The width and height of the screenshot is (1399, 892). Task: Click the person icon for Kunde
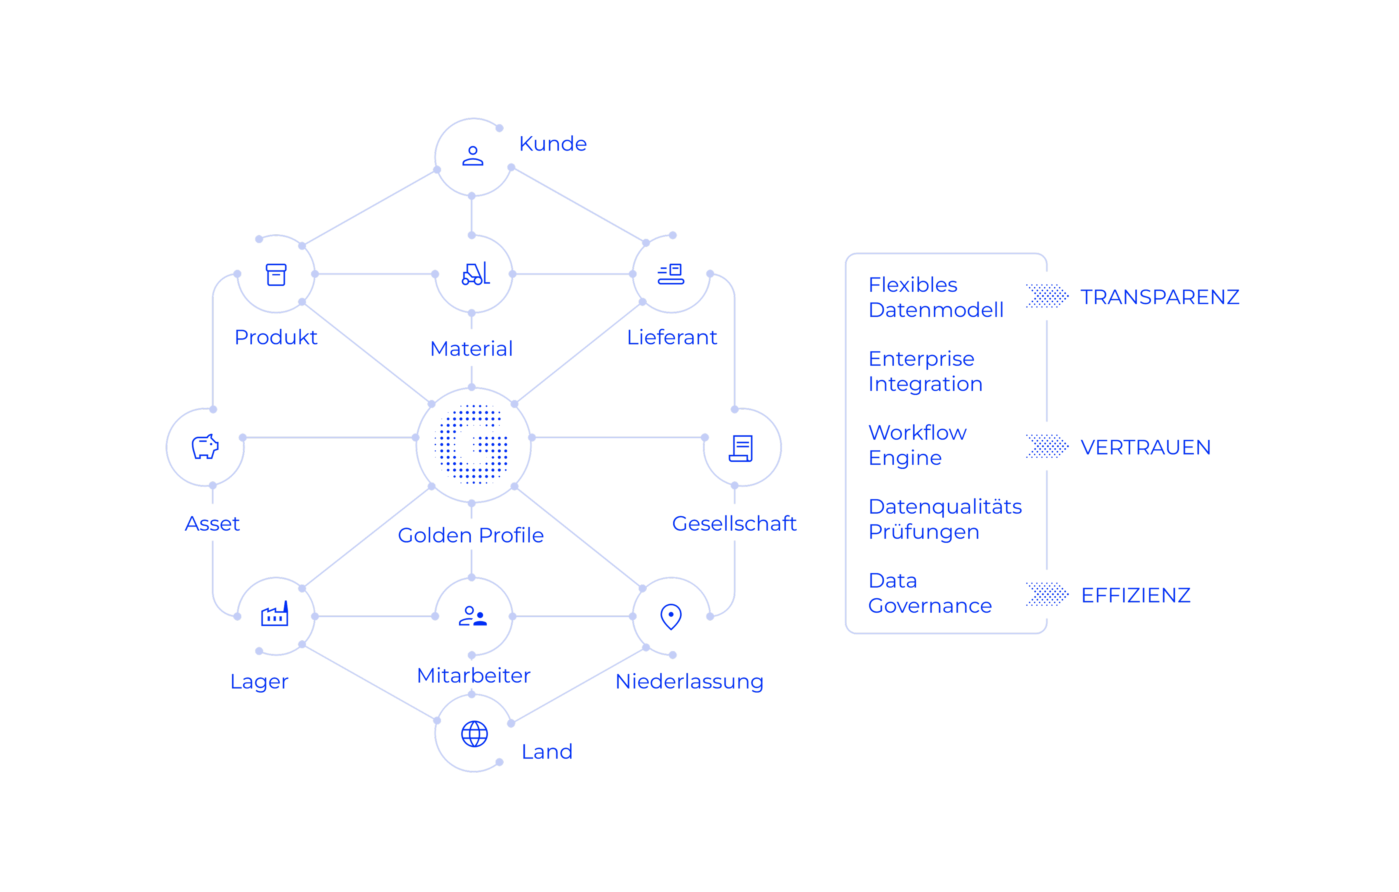pyautogui.click(x=473, y=156)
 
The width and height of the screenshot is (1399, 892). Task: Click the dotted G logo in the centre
pyautogui.click(x=472, y=444)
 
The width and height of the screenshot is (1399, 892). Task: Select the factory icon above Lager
pyautogui.click(x=275, y=614)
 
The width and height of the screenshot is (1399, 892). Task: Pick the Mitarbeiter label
pyautogui.click(x=474, y=675)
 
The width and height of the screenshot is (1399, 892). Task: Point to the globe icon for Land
pyautogui.click(x=474, y=734)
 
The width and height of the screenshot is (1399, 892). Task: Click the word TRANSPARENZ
pyautogui.click(x=1160, y=297)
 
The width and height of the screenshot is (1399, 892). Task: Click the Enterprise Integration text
pyautogui.click(x=925, y=371)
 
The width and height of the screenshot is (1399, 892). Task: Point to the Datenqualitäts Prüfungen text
pyautogui.click(x=945, y=519)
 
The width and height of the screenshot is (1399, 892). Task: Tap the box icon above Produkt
pyautogui.click(x=276, y=275)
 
